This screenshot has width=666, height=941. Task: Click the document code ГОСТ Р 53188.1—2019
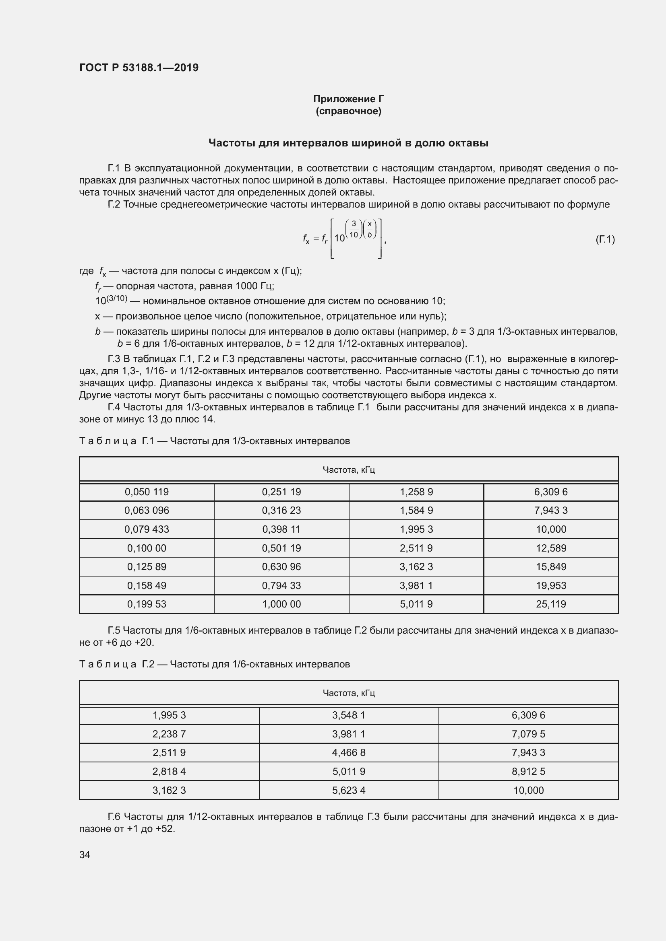click(139, 68)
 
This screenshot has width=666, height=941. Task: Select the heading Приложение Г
click(348, 99)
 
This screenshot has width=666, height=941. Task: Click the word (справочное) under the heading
click(348, 111)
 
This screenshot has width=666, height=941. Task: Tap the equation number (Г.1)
click(605, 239)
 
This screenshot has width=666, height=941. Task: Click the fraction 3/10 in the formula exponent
click(354, 229)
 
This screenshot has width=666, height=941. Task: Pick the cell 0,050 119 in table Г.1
click(147, 492)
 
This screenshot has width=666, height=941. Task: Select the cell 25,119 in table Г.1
click(551, 604)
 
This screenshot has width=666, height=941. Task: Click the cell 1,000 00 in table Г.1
click(281, 604)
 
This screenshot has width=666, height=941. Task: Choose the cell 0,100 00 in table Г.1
click(147, 548)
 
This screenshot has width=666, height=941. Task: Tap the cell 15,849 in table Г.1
click(551, 567)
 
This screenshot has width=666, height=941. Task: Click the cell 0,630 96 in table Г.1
click(281, 567)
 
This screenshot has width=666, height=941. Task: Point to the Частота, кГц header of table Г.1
click(349, 469)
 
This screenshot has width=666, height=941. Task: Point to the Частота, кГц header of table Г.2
click(349, 693)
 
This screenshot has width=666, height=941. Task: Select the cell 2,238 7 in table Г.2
click(169, 734)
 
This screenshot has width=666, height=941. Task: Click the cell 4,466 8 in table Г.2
click(349, 752)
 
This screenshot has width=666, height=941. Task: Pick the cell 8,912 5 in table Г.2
click(528, 771)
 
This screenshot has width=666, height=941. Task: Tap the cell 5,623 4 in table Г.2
click(349, 790)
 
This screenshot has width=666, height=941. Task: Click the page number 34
click(85, 855)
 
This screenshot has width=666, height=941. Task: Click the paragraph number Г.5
click(114, 630)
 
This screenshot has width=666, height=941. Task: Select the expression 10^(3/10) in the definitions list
click(111, 301)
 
